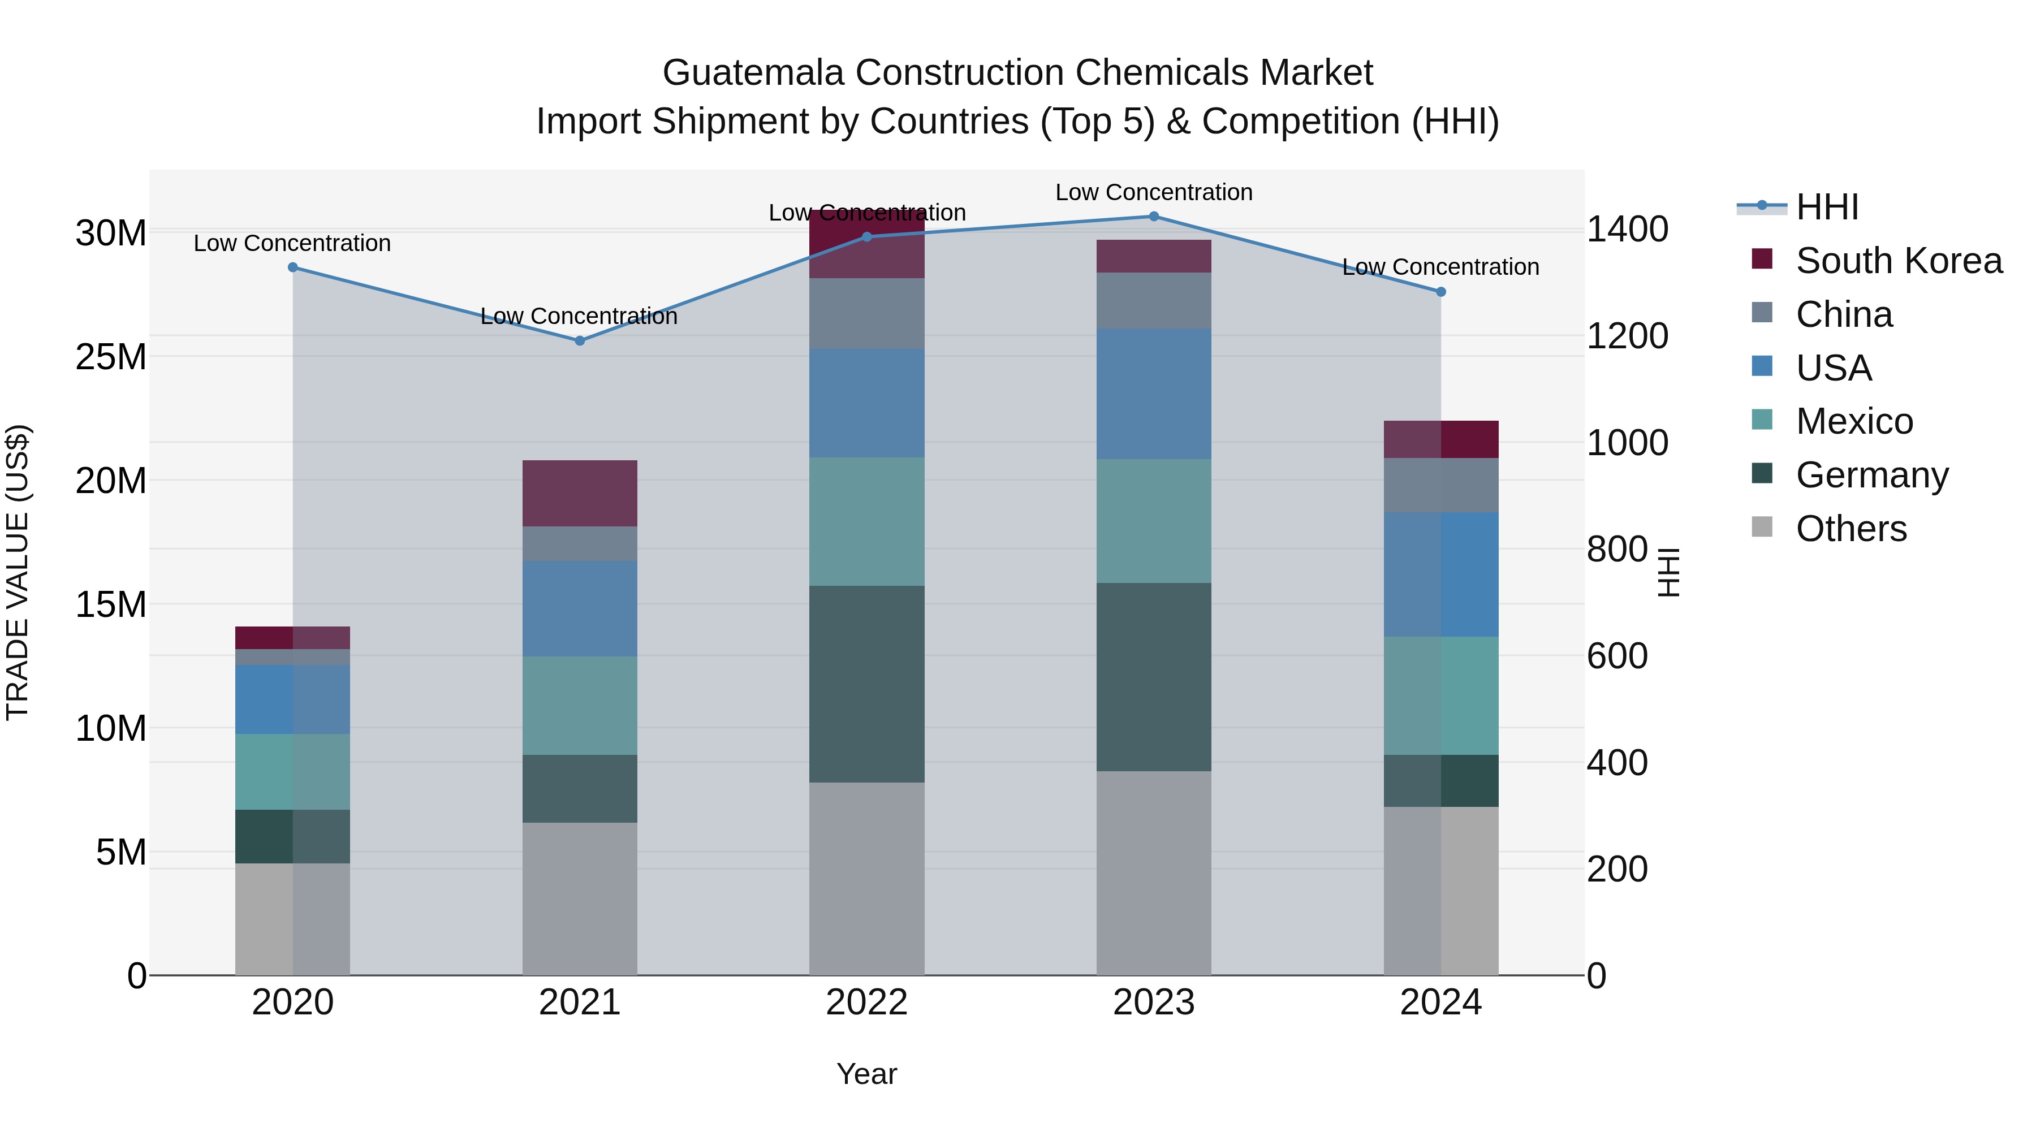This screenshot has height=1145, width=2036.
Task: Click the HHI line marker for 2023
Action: tap(1153, 217)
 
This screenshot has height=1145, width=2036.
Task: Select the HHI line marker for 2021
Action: tap(579, 340)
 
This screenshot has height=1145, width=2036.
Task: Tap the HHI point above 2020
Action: tap(292, 267)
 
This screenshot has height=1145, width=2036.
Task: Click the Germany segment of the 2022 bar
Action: tap(866, 684)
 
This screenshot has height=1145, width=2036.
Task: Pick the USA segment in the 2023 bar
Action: tap(1153, 394)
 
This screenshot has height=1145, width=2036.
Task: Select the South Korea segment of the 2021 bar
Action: tap(579, 493)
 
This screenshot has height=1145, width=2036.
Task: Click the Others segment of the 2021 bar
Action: tap(579, 898)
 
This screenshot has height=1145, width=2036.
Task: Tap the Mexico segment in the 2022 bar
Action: tap(866, 521)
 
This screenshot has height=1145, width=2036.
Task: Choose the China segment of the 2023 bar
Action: tap(1153, 300)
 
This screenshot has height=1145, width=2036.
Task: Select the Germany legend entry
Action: tap(1871, 475)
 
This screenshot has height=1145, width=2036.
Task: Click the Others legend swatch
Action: tap(1762, 527)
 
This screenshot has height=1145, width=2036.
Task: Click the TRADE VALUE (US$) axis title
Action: tap(18, 572)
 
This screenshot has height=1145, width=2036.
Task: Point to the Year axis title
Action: tap(866, 1074)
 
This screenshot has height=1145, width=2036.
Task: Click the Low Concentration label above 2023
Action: tap(1153, 192)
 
